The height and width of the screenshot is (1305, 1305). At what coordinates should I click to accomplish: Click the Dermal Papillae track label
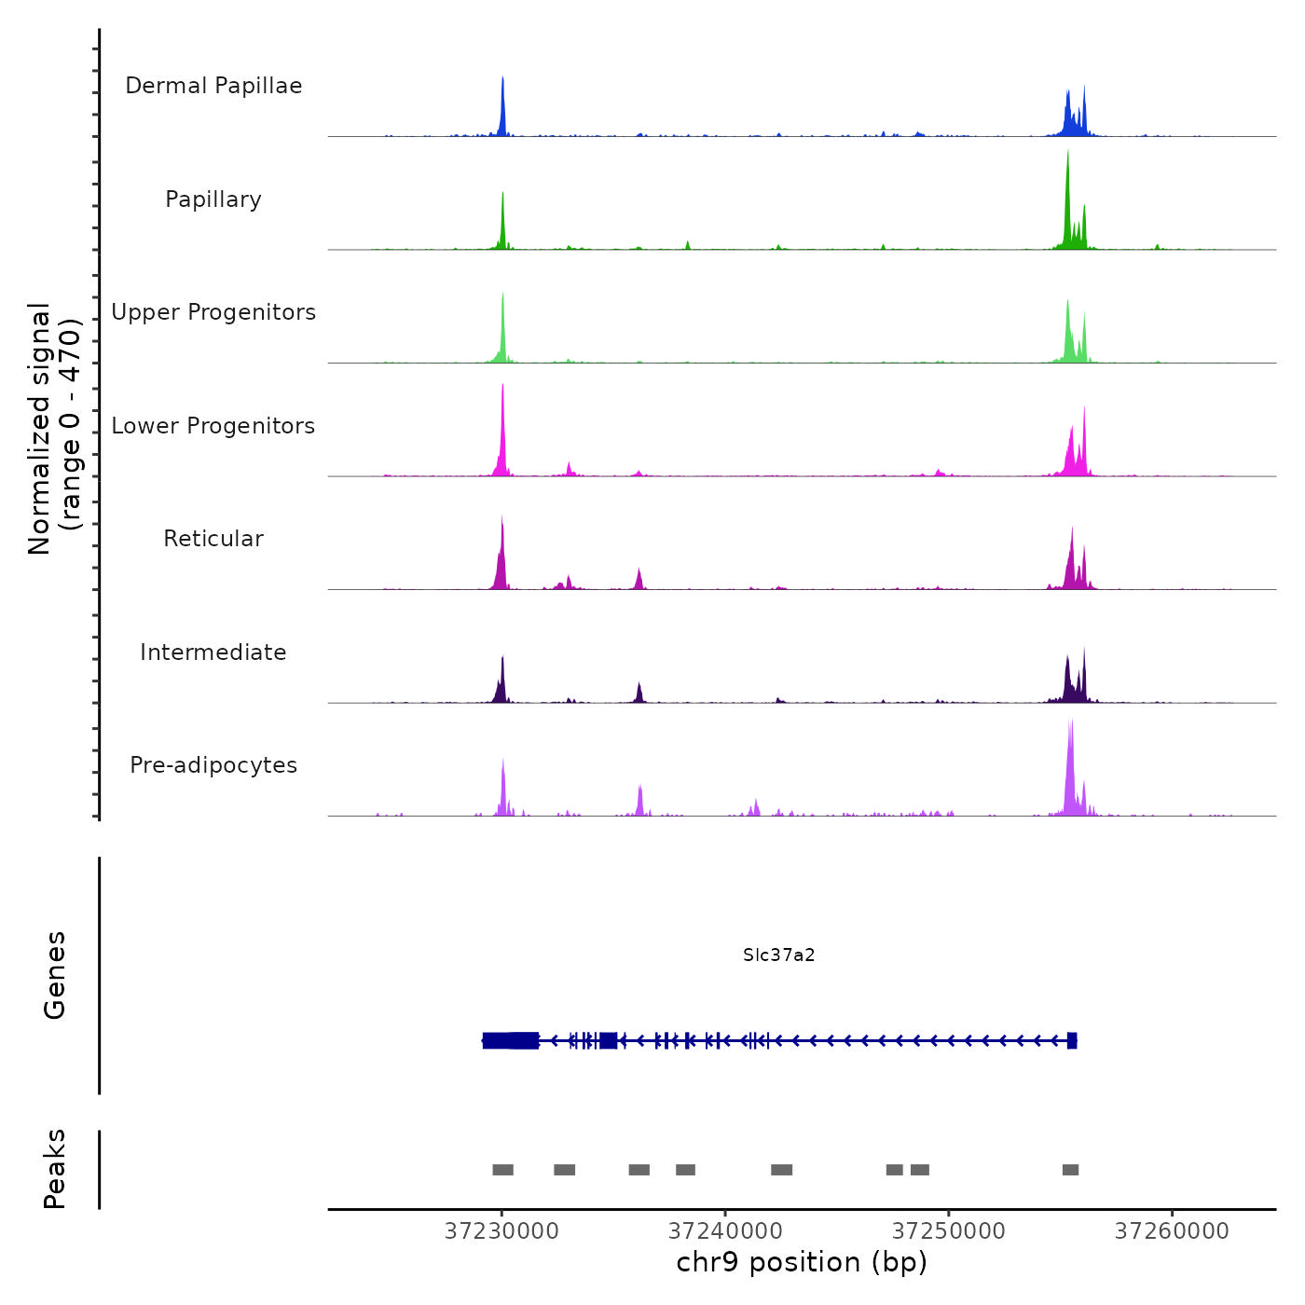213,86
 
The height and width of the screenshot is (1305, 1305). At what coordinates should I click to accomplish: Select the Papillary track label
213,199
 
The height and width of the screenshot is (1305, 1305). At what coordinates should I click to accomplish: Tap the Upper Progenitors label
213,312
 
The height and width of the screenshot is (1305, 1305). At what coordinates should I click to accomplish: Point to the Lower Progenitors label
213,426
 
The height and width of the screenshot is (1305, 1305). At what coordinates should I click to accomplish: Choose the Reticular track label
213,539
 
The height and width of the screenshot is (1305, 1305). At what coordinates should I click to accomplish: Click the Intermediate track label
213,652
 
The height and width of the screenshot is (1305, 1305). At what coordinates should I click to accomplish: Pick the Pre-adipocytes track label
213,765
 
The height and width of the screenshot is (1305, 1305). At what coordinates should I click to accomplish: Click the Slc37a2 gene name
779,955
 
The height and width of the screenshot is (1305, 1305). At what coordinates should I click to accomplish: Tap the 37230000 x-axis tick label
501,1231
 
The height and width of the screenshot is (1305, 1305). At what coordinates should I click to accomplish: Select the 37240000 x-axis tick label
725,1231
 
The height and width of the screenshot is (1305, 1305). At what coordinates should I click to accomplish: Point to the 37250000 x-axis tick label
949,1231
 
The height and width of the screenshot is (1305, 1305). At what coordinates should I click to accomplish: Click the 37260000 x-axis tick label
1172,1231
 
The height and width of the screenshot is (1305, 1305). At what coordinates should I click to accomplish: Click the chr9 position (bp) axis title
802,1262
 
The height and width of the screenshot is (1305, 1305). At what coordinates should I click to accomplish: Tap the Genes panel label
55,975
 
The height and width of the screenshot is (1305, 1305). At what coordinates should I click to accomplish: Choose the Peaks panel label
55,1169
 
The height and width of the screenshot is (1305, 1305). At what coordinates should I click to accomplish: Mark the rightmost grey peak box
1070,1170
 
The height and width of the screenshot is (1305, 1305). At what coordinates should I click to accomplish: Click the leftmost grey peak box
502,1170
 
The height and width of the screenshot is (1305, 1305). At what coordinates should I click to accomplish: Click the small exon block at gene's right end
1072,1040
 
